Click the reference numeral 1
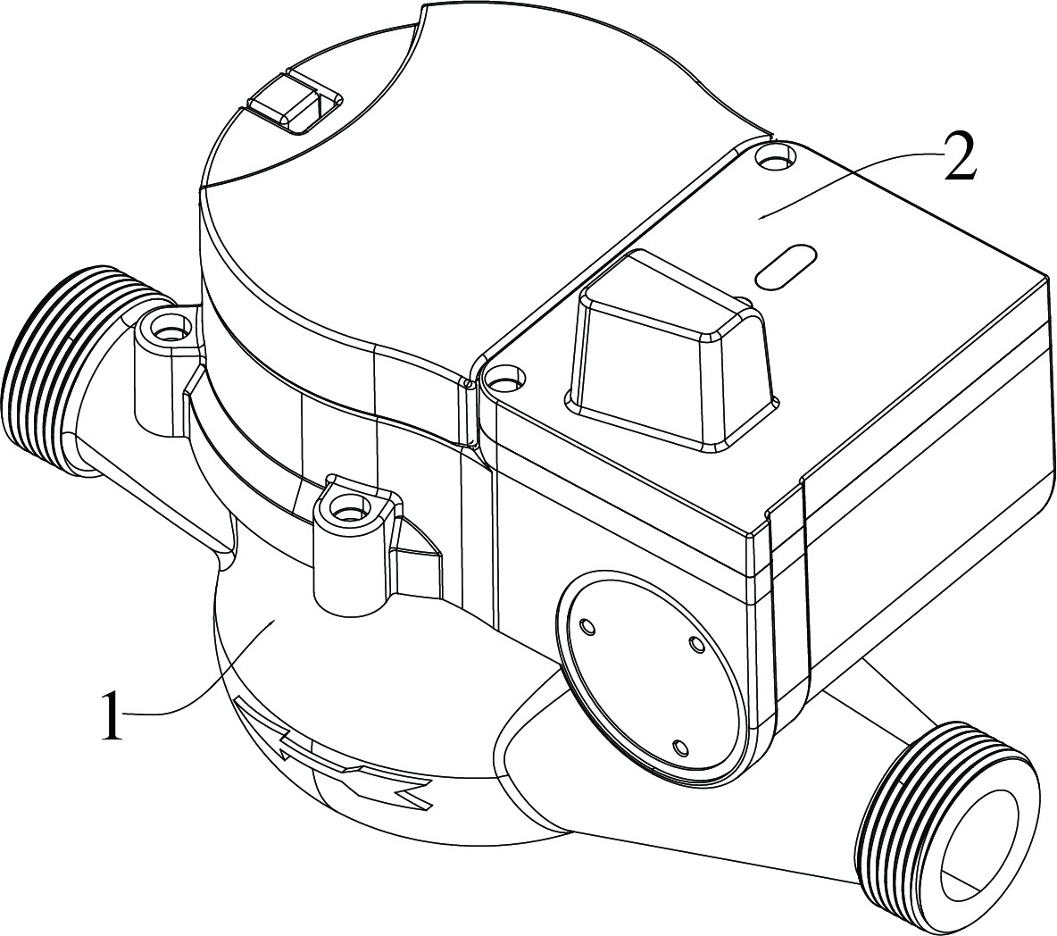coord(110,715)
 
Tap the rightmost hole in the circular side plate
coord(697,642)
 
